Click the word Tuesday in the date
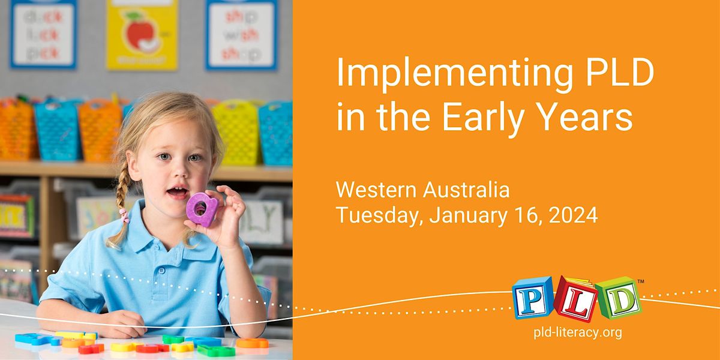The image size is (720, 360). (x=380, y=215)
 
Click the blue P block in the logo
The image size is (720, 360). (x=531, y=298)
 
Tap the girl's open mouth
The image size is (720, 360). (x=176, y=193)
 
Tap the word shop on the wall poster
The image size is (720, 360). (x=241, y=53)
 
